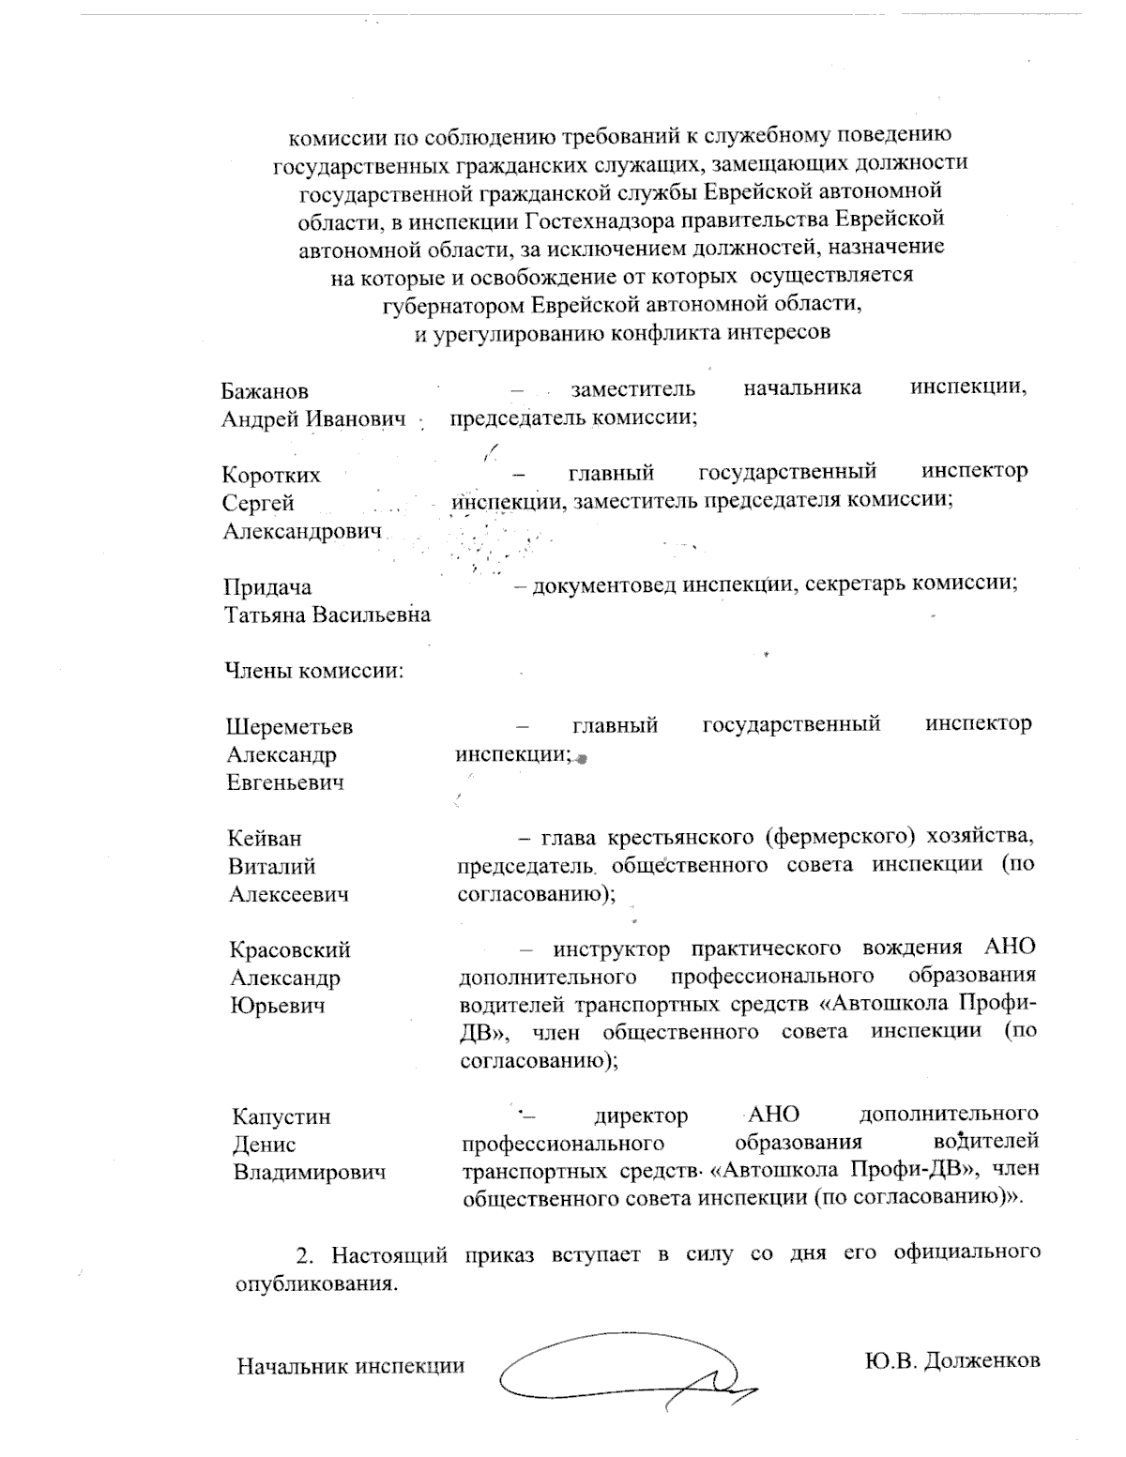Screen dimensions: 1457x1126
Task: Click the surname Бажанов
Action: pyautogui.click(x=265, y=391)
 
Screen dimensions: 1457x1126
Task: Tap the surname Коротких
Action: pyautogui.click(x=271, y=476)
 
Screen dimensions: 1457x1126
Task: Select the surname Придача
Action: pyautogui.click(x=267, y=587)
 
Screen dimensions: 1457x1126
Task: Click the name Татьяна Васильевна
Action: pyautogui.click(x=327, y=615)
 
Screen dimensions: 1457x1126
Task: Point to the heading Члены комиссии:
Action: pyautogui.click(x=313, y=672)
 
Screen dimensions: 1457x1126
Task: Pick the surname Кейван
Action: pyautogui.click(x=266, y=839)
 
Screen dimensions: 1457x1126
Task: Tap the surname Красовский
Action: pyautogui.click(x=291, y=950)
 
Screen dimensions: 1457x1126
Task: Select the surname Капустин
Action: pyautogui.click(x=281, y=1117)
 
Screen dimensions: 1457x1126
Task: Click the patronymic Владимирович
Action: pyautogui.click(x=310, y=1173)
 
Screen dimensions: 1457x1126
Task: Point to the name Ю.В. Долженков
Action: pyautogui.click(x=951, y=1359)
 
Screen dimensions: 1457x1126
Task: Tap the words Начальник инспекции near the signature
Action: pyautogui.click(x=350, y=1366)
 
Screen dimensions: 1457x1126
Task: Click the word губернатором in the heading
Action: pyautogui.click(x=454, y=305)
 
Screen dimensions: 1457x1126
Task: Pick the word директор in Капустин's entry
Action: pyautogui.click(x=641, y=1116)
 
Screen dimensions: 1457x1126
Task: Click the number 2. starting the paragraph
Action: pyautogui.click(x=303, y=1255)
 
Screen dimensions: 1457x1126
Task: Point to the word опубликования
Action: pyautogui.click(x=312, y=1283)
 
